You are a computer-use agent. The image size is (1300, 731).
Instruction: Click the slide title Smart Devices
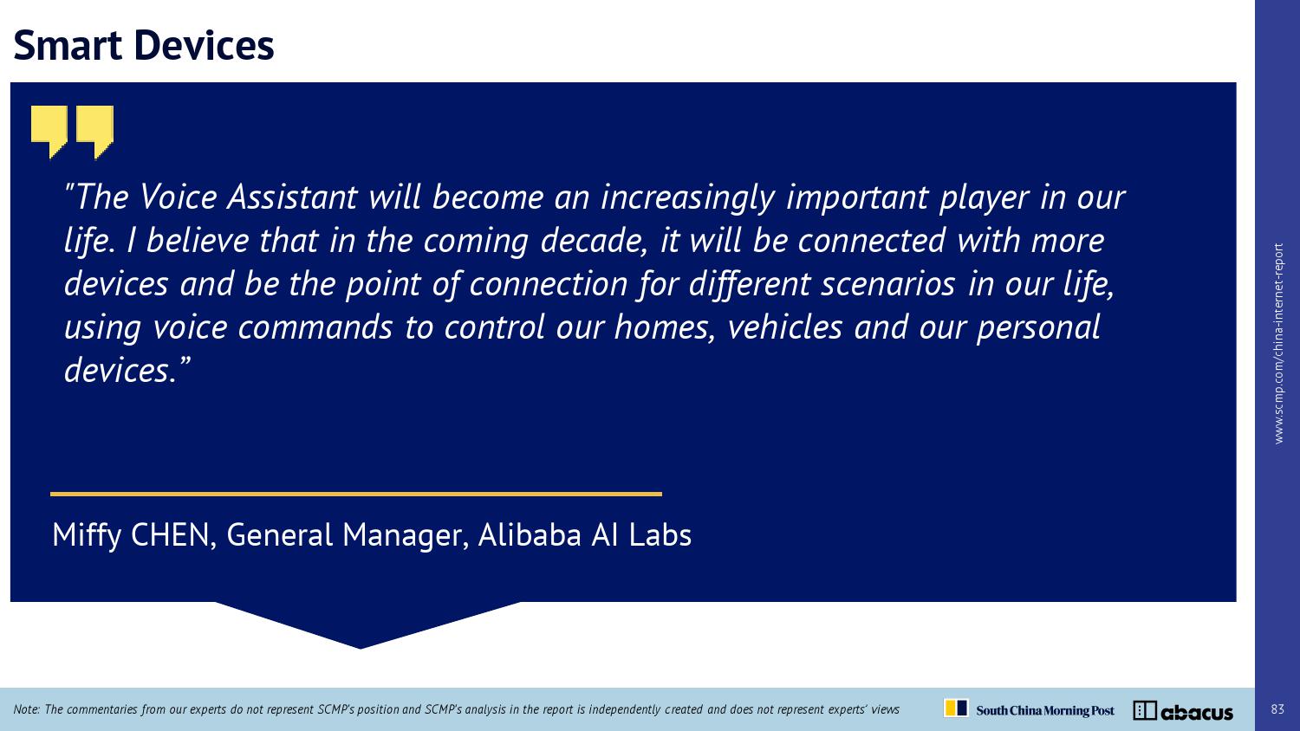point(143,45)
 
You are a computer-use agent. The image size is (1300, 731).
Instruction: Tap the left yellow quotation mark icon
point(49,131)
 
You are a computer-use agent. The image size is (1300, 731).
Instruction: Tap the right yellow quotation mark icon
point(94,131)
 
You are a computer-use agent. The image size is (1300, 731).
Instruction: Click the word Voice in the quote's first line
point(179,197)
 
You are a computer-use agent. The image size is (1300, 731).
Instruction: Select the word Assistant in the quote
point(292,197)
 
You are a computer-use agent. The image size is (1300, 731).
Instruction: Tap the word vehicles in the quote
point(784,327)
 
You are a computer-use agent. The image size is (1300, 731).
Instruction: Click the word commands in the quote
point(315,327)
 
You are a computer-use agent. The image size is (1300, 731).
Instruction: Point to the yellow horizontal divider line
point(355,495)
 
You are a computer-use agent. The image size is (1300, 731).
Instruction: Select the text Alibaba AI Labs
point(585,534)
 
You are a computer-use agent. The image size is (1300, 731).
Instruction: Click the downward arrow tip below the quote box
point(360,648)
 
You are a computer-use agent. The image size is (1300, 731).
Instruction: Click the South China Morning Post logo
point(1030,709)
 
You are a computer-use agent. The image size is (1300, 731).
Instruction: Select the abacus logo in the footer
point(1183,711)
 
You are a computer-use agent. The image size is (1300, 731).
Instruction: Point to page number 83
point(1277,709)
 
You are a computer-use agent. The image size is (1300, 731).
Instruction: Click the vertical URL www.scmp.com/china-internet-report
point(1278,344)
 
